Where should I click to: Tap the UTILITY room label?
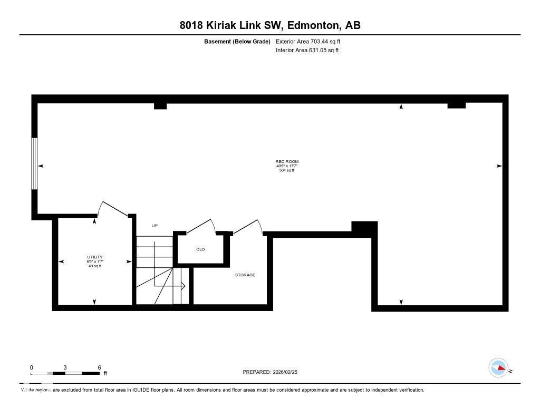[95, 257]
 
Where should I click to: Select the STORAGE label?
[245, 275]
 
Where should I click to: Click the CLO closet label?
[200, 249]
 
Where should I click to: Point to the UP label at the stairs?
[155, 226]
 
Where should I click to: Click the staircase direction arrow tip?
[185, 286]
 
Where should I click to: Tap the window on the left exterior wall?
[35, 163]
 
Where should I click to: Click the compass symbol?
[498, 367]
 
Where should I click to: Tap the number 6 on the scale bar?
[99, 367]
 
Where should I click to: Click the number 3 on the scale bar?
[65, 367]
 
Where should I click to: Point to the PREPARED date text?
[273, 372]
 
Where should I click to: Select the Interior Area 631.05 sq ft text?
[307, 51]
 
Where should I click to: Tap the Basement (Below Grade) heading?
[237, 41]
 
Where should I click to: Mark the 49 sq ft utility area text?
[95, 266]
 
